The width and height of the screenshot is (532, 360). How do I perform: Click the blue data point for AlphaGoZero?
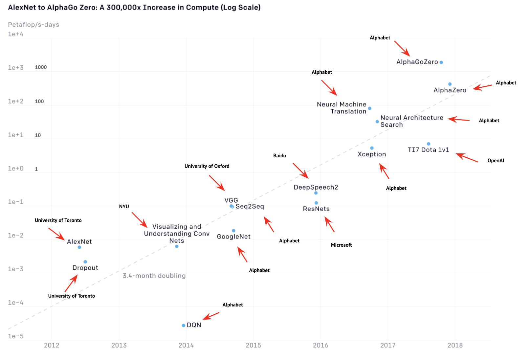click(441, 62)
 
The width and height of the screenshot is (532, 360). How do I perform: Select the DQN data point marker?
click(184, 326)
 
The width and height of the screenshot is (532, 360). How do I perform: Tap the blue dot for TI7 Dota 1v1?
click(429, 144)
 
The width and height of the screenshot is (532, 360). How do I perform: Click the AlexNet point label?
click(79, 242)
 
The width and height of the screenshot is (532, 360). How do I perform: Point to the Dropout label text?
click(85, 268)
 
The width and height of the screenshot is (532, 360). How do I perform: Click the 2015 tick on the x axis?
click(253, 345)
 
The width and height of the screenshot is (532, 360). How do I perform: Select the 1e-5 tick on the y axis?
click(16, 336)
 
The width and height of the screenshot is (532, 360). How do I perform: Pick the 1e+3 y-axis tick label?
click(16, 68)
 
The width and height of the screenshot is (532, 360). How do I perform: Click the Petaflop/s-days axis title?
click(33, 25)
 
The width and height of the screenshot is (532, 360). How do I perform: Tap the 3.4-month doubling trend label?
click(154, 276)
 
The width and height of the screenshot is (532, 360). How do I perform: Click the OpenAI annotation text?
click(496, 161)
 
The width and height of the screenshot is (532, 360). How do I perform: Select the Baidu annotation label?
click(279, 156)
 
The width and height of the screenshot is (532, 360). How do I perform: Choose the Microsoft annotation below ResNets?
click(341, 245)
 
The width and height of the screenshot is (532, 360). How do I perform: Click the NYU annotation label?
click(124, 207)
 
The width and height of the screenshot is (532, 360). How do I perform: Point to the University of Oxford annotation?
click(207, 166)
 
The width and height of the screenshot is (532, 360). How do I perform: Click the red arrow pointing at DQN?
click(211, 316)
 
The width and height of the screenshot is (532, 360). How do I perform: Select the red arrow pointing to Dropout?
click(71, 283)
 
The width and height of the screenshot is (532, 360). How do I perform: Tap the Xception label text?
click(372, 154)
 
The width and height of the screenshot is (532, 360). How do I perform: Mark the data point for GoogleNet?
click(233, 231)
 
